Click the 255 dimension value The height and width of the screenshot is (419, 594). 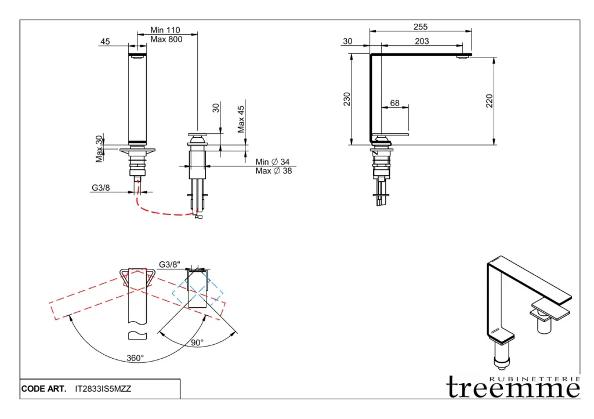tap(421, 27)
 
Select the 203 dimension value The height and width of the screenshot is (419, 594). tap(422, 41)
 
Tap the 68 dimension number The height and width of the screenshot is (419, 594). tap(394, 103)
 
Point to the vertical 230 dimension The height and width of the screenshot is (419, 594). tap(347, 99)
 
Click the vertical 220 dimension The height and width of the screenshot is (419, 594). tap(489, 101)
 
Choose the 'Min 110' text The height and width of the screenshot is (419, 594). tap(165, 30)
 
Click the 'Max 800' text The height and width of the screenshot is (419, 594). tap(166, 39)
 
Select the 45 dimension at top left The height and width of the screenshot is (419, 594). tap(105, 41)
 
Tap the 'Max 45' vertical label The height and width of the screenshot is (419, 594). tap(241, 119)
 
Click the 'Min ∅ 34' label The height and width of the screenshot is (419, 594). tap(273, 162)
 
